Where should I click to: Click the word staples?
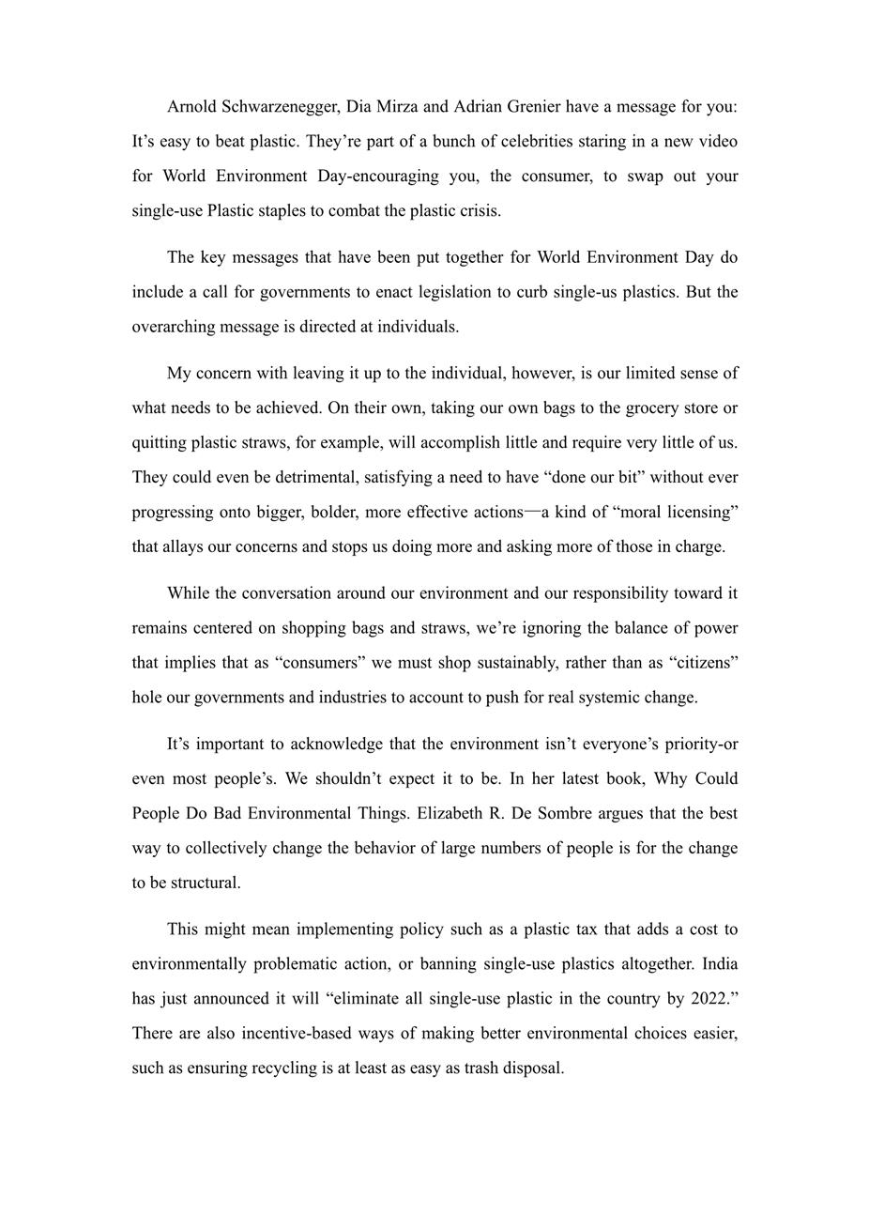coord(282,211)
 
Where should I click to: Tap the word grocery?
coord(653,408)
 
